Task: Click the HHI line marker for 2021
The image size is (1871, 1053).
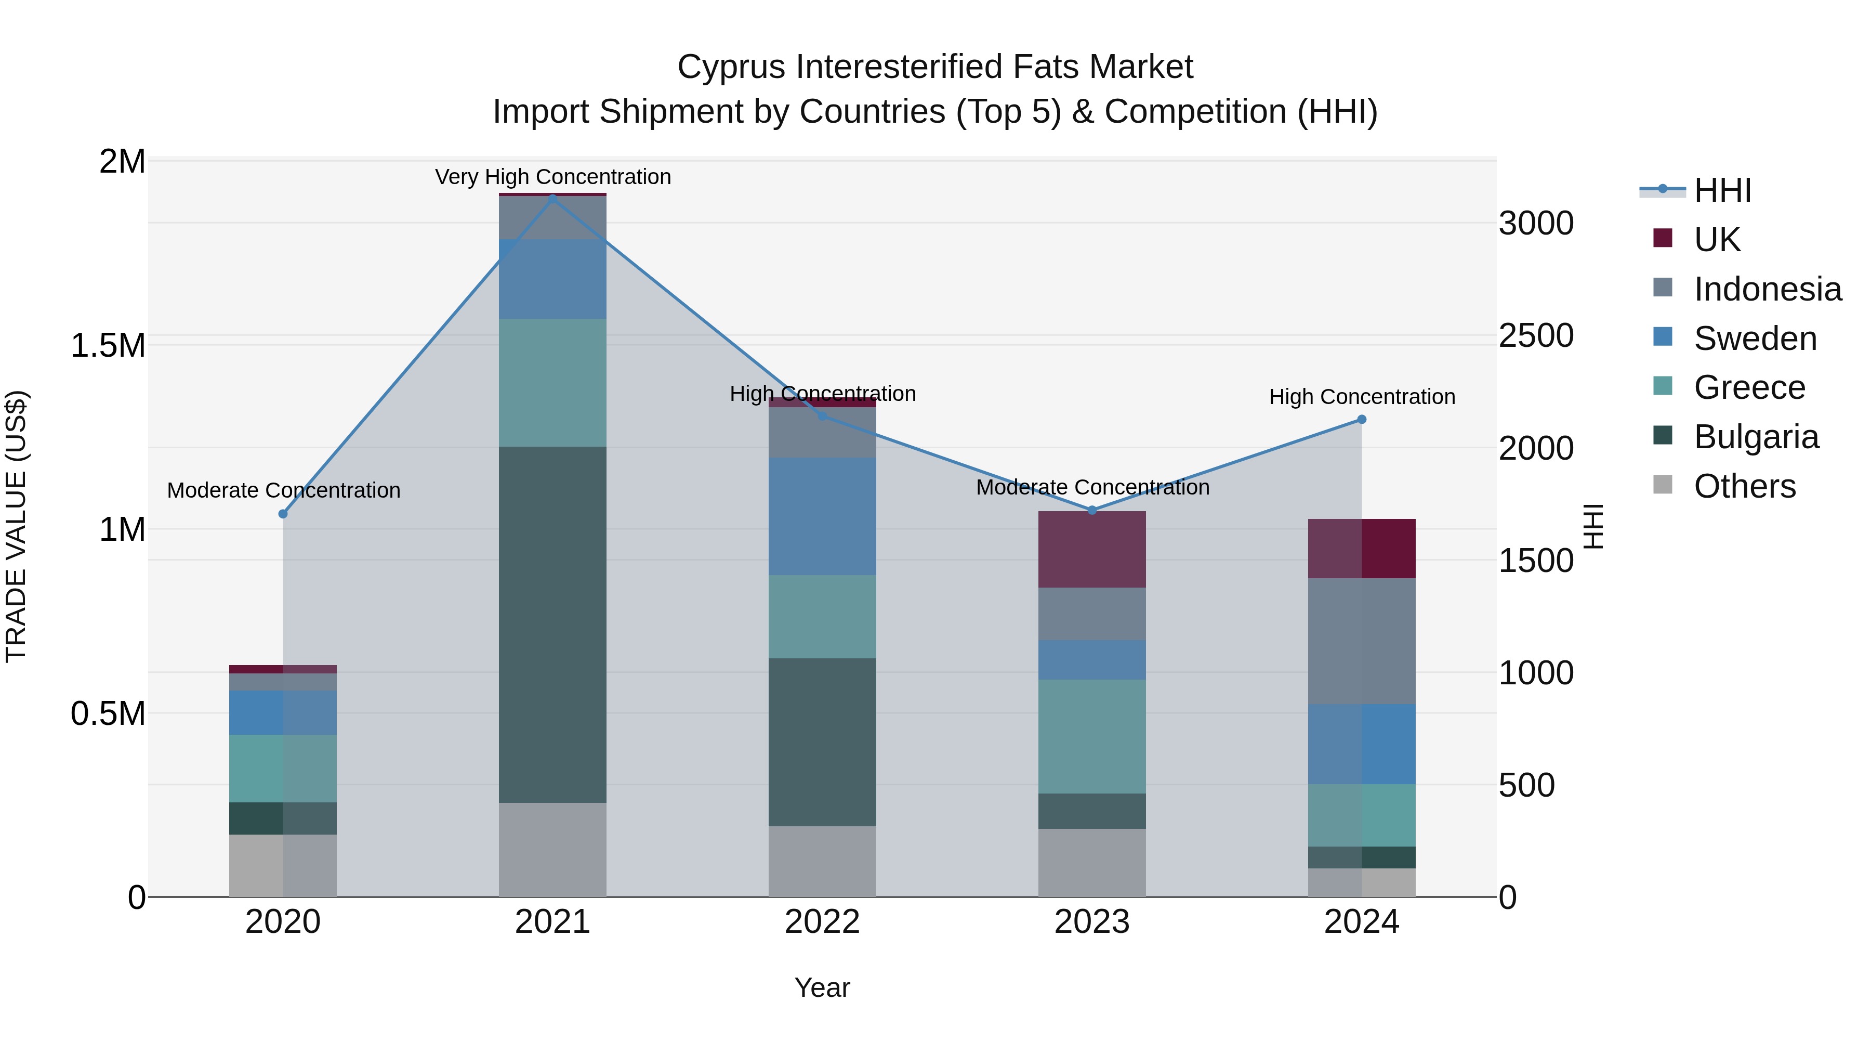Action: coord(553,199)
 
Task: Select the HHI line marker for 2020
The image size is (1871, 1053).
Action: coord(283,514)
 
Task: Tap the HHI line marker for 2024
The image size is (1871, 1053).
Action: coord(1362,419)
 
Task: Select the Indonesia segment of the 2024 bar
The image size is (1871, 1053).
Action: coord(1362,641)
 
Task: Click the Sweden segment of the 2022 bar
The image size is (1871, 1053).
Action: coord(822,516)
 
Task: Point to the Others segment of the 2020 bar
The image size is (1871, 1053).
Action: coord(283,865)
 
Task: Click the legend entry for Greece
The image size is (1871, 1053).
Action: coord(1749,387)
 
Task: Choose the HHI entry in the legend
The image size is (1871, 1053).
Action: coord(1721,190)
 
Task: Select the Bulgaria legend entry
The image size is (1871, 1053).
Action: coord(1756,437)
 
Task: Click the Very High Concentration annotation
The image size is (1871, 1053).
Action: coord(553,177)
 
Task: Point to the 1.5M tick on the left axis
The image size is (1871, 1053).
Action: coord(108,346)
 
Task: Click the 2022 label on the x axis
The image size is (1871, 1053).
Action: coord(822,922)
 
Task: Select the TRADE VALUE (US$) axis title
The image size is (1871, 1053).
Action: coord(16,526)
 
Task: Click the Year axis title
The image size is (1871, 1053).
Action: coord(822,987)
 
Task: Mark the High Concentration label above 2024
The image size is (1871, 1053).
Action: coord(1362,397)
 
